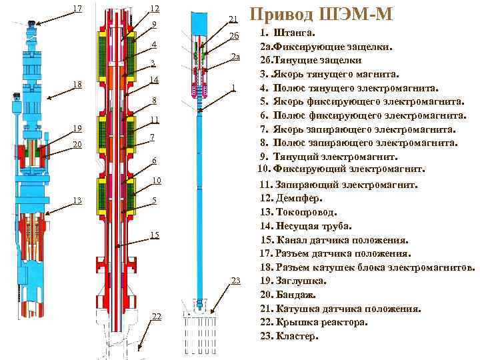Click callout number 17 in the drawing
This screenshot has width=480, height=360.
(77, 9)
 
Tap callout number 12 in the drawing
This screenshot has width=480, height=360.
(154, 9)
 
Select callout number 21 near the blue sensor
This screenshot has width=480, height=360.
(233, 19)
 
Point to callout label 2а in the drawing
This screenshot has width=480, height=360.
(235, 57)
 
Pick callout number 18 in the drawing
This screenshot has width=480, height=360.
(77, 85)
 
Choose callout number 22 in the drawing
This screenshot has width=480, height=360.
(157, 316)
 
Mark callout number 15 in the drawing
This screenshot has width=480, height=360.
(155, 235)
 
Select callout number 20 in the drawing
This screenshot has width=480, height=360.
(77, 145)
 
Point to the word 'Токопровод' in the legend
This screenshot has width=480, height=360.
(306, 212)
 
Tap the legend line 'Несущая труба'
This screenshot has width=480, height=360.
(313, 226)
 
